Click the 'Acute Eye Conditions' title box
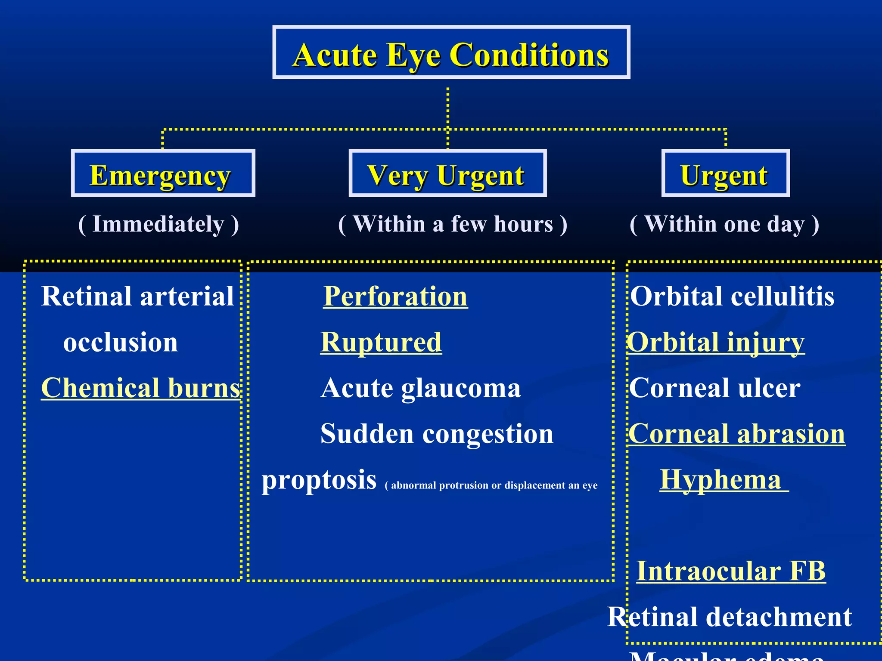pos(451,53)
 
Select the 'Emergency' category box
pos(163,173)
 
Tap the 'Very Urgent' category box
pos(447,173)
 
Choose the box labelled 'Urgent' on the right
pos(725,173)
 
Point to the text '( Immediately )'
pos(158,224)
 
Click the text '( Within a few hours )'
pos(453,224)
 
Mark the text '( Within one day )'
pos(724,224)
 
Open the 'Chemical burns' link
pos(140,388)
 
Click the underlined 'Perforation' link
pos(395,297)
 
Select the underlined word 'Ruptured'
pos(381,342)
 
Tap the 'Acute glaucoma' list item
pos(421,388)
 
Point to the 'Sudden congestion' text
pos(437,433)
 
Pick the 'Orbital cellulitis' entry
pos(732,297)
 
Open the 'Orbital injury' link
pos(716,342)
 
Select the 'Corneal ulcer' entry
pos(715,388)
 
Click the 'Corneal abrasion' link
pos(736,433)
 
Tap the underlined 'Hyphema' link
pos(721,479)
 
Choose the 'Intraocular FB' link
pos(731,571)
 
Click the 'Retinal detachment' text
pos(730,617)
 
